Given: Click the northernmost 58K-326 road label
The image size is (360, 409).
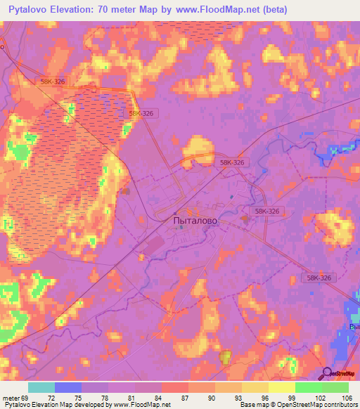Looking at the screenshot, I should point(53,82).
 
